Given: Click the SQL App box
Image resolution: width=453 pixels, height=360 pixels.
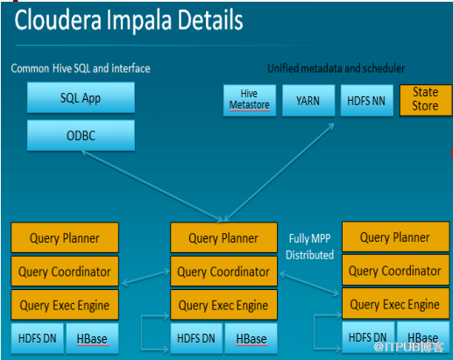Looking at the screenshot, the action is tap(81, 97).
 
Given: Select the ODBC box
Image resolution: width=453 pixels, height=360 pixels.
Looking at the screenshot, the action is tap(81, 136).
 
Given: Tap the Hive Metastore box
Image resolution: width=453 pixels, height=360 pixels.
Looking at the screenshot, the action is tap(250, 101).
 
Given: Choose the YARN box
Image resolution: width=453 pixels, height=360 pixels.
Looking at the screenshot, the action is tap(308, 101).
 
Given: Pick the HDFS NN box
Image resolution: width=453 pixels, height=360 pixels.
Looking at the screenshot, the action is tap(366, 101).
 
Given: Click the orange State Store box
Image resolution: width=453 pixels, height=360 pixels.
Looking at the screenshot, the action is tap(426, 100).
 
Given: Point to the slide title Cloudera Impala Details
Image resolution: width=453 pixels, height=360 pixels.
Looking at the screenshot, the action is tap(129, 20).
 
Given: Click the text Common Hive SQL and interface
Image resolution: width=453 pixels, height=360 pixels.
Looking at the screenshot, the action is tap(81, 68).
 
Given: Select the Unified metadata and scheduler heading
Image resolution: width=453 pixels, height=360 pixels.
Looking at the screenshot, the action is tap(336, 68).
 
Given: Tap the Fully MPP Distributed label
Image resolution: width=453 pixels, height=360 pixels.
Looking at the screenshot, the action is tap(310, 247).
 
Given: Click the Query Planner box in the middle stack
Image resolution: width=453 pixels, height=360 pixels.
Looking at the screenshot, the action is tap(223, 237).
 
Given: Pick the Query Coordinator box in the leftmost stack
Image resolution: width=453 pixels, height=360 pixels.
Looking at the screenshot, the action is tap(65, 272).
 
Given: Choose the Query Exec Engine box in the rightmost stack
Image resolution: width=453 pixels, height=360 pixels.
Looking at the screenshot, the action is tap(395, 304).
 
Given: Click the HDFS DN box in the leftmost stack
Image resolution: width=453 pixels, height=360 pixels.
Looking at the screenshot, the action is tap(37, 338).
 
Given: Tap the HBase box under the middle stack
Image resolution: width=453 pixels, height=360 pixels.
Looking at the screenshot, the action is tap(251, 339).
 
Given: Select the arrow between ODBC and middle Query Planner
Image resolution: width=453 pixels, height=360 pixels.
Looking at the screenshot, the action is tap(152, 187).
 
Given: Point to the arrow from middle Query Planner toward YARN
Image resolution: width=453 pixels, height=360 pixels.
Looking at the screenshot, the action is tap(279, 173).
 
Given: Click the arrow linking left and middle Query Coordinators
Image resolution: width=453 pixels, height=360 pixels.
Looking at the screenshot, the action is tap(145, 278).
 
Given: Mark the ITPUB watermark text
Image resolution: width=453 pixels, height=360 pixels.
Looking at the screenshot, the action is tap(409, 347).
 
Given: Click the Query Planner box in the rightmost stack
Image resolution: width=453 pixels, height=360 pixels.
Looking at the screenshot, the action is tap(395, 237).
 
